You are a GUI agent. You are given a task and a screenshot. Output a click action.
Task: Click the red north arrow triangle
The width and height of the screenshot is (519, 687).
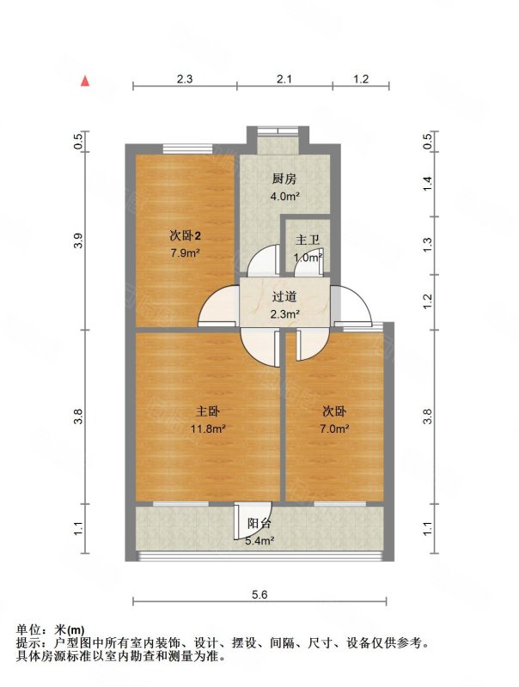(x=85, y=81)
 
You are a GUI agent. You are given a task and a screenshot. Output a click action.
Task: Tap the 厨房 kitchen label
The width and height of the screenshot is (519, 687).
(x=284, y=179)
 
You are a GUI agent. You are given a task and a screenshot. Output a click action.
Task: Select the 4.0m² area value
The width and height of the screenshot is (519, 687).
(x=285, y=197)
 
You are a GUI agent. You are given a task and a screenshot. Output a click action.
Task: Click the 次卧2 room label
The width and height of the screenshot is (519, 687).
(x=185, y=236)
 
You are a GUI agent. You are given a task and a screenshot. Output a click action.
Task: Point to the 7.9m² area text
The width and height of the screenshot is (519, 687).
(x=186, y=252)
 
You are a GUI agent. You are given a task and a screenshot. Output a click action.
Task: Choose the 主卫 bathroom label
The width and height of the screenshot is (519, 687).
(x=308, y=240)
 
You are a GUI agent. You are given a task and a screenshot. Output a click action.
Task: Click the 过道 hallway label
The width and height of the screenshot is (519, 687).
(x=284, y=296)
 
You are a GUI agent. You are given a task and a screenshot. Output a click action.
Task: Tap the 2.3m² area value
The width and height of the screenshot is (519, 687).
(x=285, y=313)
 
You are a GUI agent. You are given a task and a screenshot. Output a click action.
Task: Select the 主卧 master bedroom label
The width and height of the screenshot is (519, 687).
(x=207, y=411)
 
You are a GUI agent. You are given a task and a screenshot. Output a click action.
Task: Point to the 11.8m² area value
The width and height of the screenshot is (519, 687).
(x=208, y=429)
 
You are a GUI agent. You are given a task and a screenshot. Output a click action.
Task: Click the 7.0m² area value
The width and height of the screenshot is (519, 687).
(x=334, y=429)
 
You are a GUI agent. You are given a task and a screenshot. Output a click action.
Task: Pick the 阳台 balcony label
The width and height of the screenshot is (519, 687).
(x=259, y=523)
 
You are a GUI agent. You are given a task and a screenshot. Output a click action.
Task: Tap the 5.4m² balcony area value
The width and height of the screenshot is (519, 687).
(x=260, y=541)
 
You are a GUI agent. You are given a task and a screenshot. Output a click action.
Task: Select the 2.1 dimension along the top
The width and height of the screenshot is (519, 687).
(x=284, y=79)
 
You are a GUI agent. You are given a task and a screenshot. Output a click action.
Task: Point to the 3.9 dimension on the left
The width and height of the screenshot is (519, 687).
(x=78, y=240)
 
